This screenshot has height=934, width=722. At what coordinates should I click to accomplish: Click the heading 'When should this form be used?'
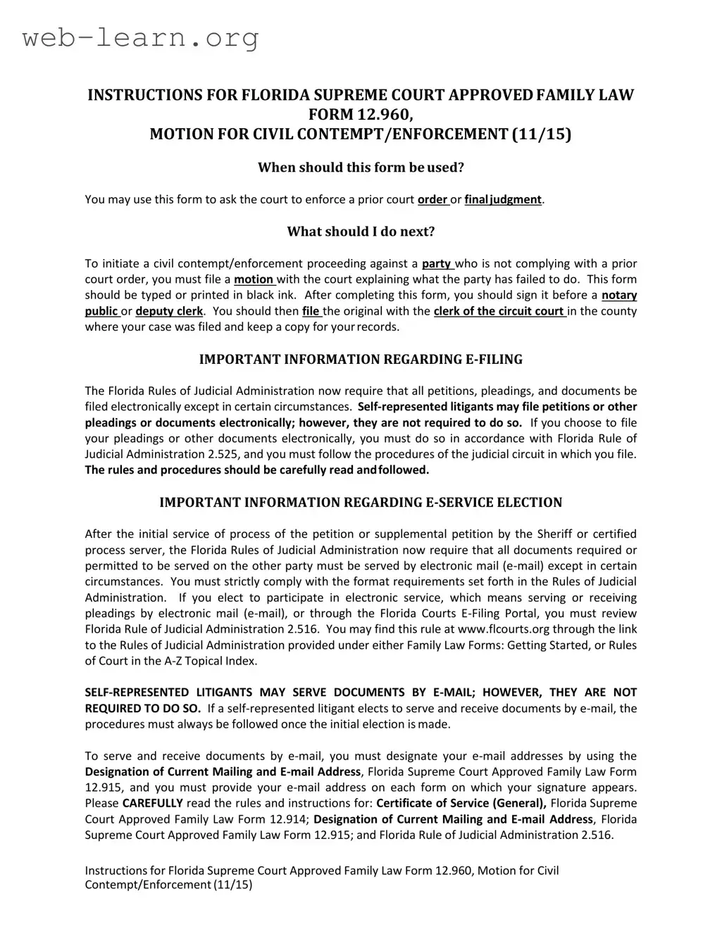(361, 168)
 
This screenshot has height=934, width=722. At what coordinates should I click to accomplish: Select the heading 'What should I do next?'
(361, 232)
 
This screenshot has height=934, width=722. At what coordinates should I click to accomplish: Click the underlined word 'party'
(437, 264)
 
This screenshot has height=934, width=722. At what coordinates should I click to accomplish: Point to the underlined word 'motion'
(254, 280)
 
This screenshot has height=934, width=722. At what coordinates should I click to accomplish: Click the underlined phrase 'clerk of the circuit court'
(499, 312)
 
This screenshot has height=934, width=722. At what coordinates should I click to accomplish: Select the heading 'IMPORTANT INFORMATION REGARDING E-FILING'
(361, 360)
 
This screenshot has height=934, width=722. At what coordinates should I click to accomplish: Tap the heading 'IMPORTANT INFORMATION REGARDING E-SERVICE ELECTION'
(361, 503)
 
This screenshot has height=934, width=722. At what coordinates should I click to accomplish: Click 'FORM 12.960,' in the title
(361, 115)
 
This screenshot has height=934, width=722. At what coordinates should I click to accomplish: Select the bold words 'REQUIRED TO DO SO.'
(143, 709)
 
